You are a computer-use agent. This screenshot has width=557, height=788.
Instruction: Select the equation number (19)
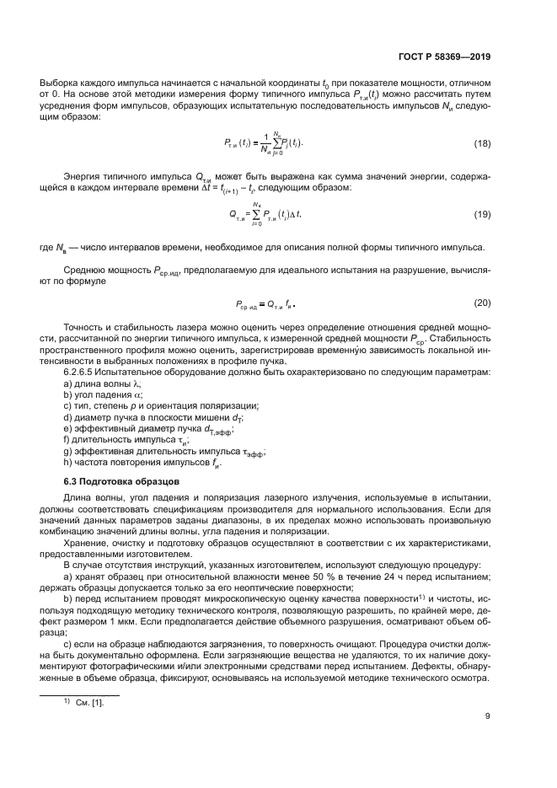[481, 215]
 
